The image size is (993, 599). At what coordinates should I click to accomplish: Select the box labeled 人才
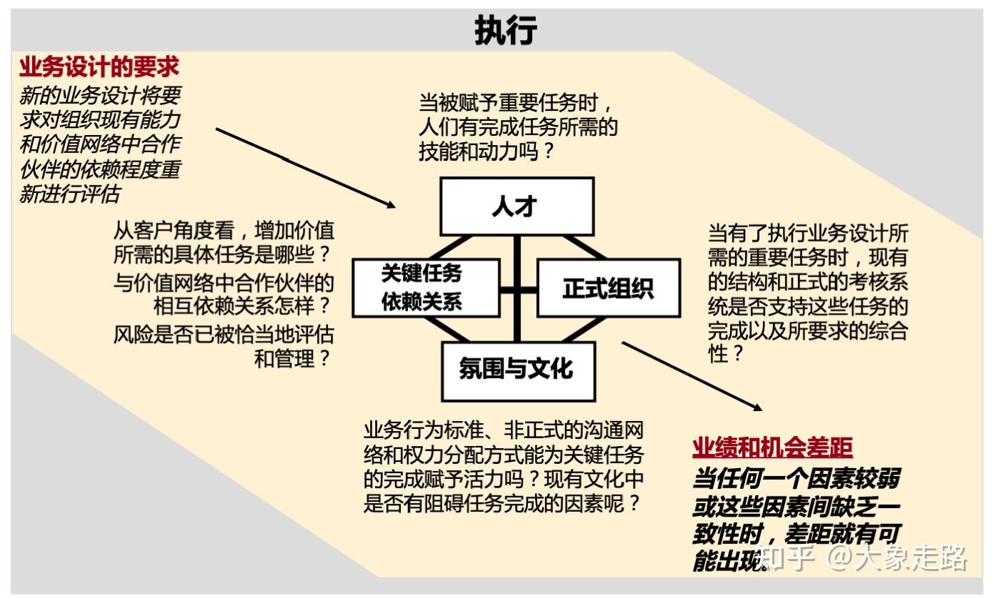516,207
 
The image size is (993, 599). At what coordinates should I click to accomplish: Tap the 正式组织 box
608,288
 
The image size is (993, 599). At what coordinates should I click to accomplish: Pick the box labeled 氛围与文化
517,370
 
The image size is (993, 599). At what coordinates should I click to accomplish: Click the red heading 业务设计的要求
99,67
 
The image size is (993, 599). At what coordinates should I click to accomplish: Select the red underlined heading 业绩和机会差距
772,448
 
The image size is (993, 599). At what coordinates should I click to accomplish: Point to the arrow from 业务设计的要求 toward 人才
305,168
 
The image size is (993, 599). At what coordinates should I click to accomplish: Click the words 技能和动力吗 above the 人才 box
486,152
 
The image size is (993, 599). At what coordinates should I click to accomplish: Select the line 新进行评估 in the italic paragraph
69,194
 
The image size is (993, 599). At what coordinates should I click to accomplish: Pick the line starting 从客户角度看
224,232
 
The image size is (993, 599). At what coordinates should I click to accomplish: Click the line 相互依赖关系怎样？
243,306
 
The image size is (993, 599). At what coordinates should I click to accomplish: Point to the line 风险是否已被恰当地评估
224,334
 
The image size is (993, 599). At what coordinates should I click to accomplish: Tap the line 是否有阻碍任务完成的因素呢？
502,503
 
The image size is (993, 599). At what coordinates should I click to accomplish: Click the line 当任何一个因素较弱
795,478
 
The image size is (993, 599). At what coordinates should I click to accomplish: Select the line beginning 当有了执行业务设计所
808,234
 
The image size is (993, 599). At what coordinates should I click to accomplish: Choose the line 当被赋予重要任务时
516,102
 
